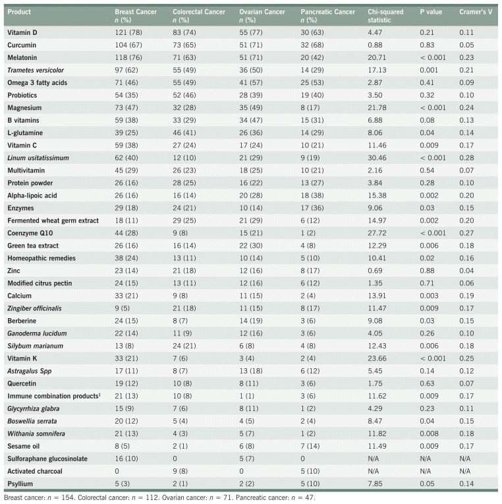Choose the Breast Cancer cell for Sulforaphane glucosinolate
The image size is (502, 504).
pyautogui.click(x=128, y=458)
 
